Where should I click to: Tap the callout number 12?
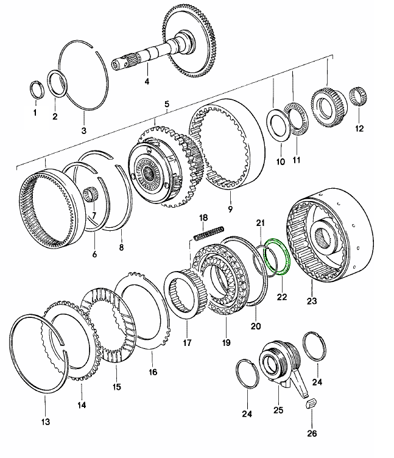click(x=359, y=129)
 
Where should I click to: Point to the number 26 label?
click(x=312, y=434)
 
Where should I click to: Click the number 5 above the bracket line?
click(x=166, y=105)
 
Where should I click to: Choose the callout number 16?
click(x=153, y=372)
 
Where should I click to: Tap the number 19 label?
click(x=227, y=343)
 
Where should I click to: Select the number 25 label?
click(x=278, y=410)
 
